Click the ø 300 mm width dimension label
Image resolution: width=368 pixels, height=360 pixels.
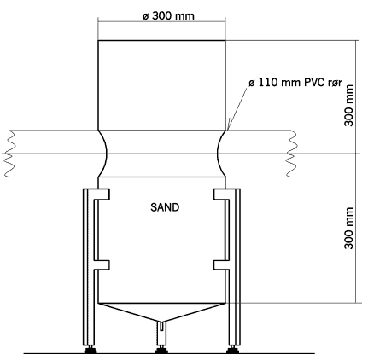tap(168, 16)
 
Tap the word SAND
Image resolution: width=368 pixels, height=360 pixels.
tap(165, 207)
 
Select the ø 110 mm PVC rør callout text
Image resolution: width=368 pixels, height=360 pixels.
tap(295, 83)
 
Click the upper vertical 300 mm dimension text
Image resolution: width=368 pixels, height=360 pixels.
tap(349, 105)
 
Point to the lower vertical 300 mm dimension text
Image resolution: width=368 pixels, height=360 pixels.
tap(349, 228)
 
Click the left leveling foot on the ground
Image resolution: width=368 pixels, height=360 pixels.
tap(91, 350)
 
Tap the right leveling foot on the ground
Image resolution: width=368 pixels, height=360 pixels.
tap(232, 350)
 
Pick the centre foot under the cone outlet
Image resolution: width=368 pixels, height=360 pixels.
tap(161, 350)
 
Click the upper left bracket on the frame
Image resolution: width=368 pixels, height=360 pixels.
tap(102, 195)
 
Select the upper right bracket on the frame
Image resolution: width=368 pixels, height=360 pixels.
tap(222, 195)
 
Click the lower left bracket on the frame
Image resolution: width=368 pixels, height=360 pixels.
tap(102, 265)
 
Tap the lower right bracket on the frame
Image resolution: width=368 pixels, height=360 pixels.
tap(222, 265)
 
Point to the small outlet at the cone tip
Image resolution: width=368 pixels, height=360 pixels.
tap(161, 326)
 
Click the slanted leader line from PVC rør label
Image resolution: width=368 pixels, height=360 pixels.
tap(237, 109)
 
